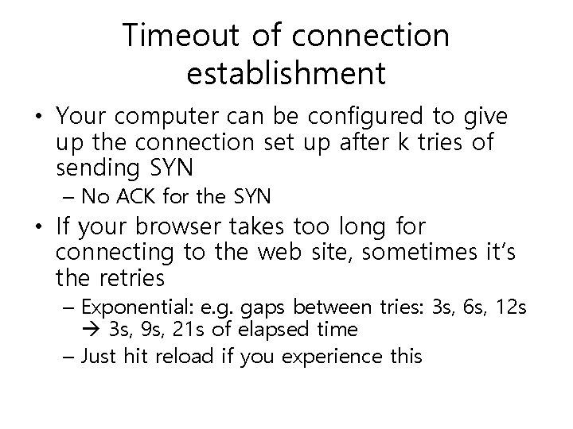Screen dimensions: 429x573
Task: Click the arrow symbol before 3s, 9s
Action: pos(90,329)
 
